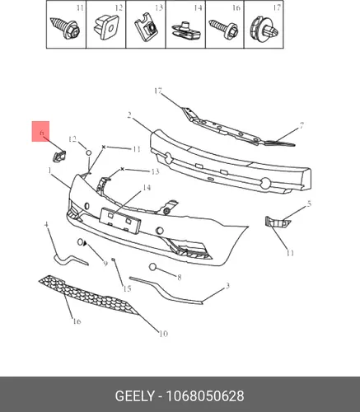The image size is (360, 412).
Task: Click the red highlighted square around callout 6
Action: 40,131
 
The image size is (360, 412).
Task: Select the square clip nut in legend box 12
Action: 106,27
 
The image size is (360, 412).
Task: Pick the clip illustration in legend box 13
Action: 146,28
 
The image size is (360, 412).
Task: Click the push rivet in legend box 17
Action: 264,29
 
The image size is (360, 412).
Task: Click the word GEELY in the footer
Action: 134,396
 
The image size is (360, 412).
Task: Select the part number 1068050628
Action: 205,396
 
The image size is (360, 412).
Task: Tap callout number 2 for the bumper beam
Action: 129,115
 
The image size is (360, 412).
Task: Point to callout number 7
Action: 302,125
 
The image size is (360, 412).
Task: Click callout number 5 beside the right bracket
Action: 309,204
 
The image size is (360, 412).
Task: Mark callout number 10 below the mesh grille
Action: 163,334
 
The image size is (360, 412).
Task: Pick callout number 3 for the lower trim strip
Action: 227,286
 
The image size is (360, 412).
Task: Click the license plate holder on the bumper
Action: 120,221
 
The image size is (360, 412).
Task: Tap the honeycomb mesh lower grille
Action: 88,295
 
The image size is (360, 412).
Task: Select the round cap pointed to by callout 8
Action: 152,267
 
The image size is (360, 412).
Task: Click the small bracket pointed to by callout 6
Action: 59,156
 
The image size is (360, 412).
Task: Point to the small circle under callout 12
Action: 89,152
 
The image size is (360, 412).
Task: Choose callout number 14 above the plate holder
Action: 147,188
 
